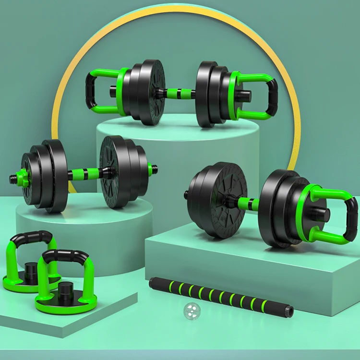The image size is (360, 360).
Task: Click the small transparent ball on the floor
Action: (191, 312)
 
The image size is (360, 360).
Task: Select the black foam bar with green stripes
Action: (216, 295)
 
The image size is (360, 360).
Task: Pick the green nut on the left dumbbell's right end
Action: (150, 169)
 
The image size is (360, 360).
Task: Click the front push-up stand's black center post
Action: (64, 290)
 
